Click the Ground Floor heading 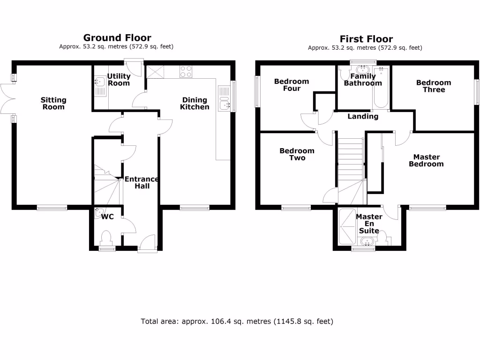pyautogui.click(x=117, y=37)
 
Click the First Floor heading pyautogui.click(x=366, y=39)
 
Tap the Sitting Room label pyautogui.click(x=53, y=103)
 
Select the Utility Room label pyautogui.click(x=119, y=80)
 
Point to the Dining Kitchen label pyautogui.click(x=195, y=103)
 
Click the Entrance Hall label pyautogui.click(x=142, y=182)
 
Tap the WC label pyautogui.click(x=108, y=217)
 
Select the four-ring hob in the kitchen pyautogui.click(x=186, y=71)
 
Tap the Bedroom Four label pyautogui.click(x=292, y=85)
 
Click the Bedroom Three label pyautogui.click(x=434, y=86)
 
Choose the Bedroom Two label pyautogui.click(x=297, y=154)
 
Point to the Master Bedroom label pyautogui.click(x=426, y=160)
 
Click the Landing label pyautogui.click(x=363, y=116)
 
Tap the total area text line pyautogui.click(x=237, y=322)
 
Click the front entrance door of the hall pyautogui.click(x=147, y=244)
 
